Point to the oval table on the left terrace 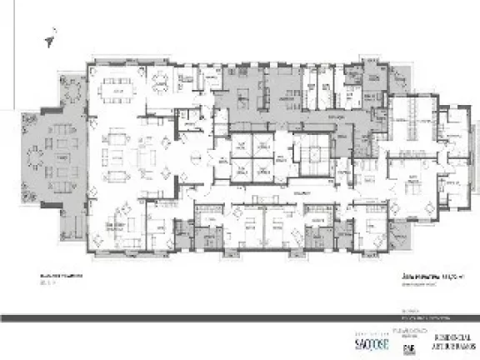pos(37,157)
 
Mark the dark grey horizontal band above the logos pos(240,317)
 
